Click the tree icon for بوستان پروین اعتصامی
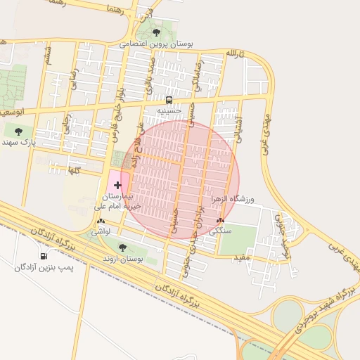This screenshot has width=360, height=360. (157, 32)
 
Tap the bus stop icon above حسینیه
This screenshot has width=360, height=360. (169, 100)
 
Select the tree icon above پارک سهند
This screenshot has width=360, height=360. (18, 131)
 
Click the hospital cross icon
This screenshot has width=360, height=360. (117, 184)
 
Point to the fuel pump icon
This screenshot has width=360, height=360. (46, 256)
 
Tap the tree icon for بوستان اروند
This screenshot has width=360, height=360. (122, 247)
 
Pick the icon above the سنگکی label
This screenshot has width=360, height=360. (221, 221)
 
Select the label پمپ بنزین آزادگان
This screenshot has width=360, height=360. (45, 267)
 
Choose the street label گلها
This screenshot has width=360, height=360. (73, 169)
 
